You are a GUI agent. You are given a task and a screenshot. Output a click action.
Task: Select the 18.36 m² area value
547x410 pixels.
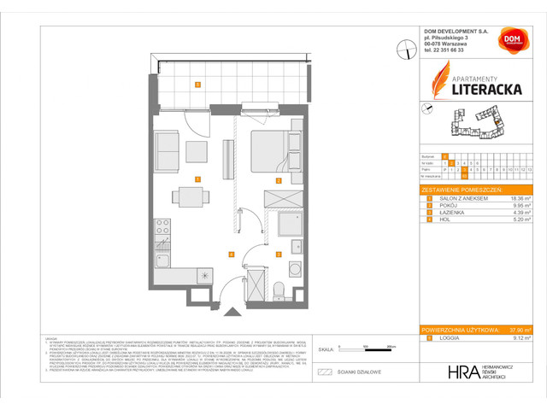click(x=520, y=198)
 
